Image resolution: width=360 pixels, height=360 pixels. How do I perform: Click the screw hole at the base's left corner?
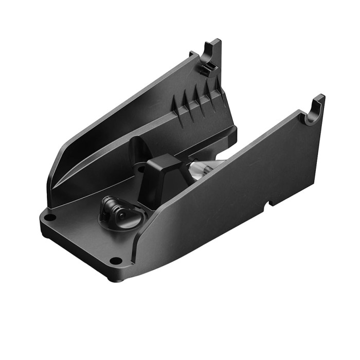point(49,218)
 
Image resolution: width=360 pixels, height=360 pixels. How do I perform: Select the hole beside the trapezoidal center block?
point(140,169)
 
